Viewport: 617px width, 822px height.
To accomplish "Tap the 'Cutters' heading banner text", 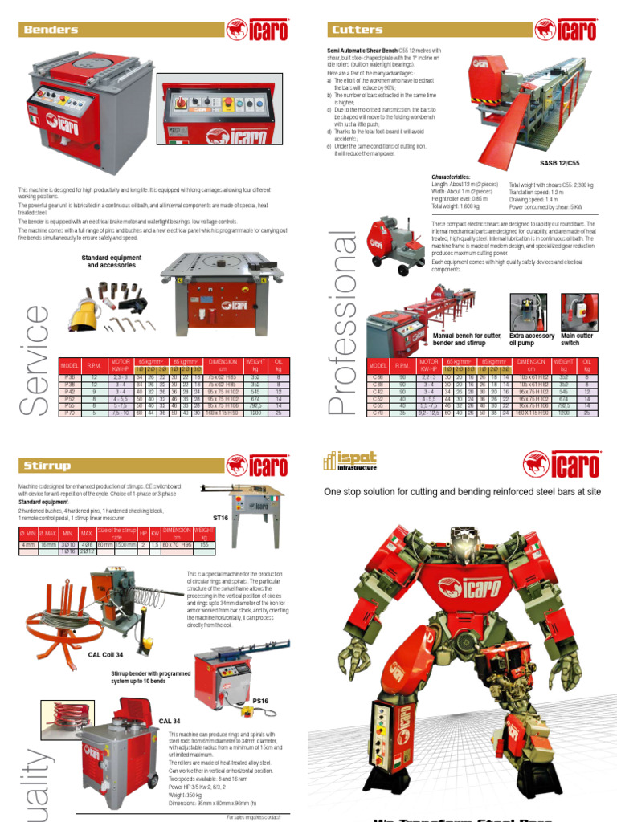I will click(358, 30).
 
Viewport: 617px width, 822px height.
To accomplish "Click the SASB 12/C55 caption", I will click(560, 162).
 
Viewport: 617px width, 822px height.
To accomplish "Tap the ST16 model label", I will click(221, 518).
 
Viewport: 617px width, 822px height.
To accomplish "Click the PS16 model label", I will click(260, 701).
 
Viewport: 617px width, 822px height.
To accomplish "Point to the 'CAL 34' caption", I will click(170, 721).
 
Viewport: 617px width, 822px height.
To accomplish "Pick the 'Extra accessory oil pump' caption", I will click(532, 340).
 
